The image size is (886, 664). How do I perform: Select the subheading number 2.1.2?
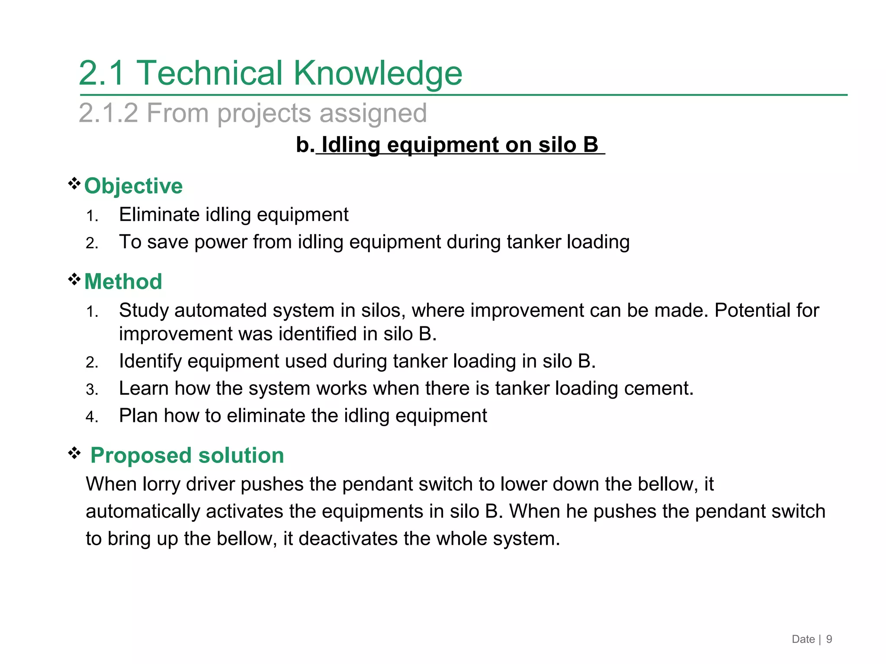108,113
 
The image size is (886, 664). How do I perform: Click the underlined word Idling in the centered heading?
350,145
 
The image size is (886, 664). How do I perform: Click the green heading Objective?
133,186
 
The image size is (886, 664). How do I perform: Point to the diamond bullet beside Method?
74,280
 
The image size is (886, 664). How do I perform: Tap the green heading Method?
123,282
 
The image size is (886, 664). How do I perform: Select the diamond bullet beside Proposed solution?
74,453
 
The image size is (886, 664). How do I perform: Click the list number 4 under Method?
91,417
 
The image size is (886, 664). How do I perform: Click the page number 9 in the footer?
829,639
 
